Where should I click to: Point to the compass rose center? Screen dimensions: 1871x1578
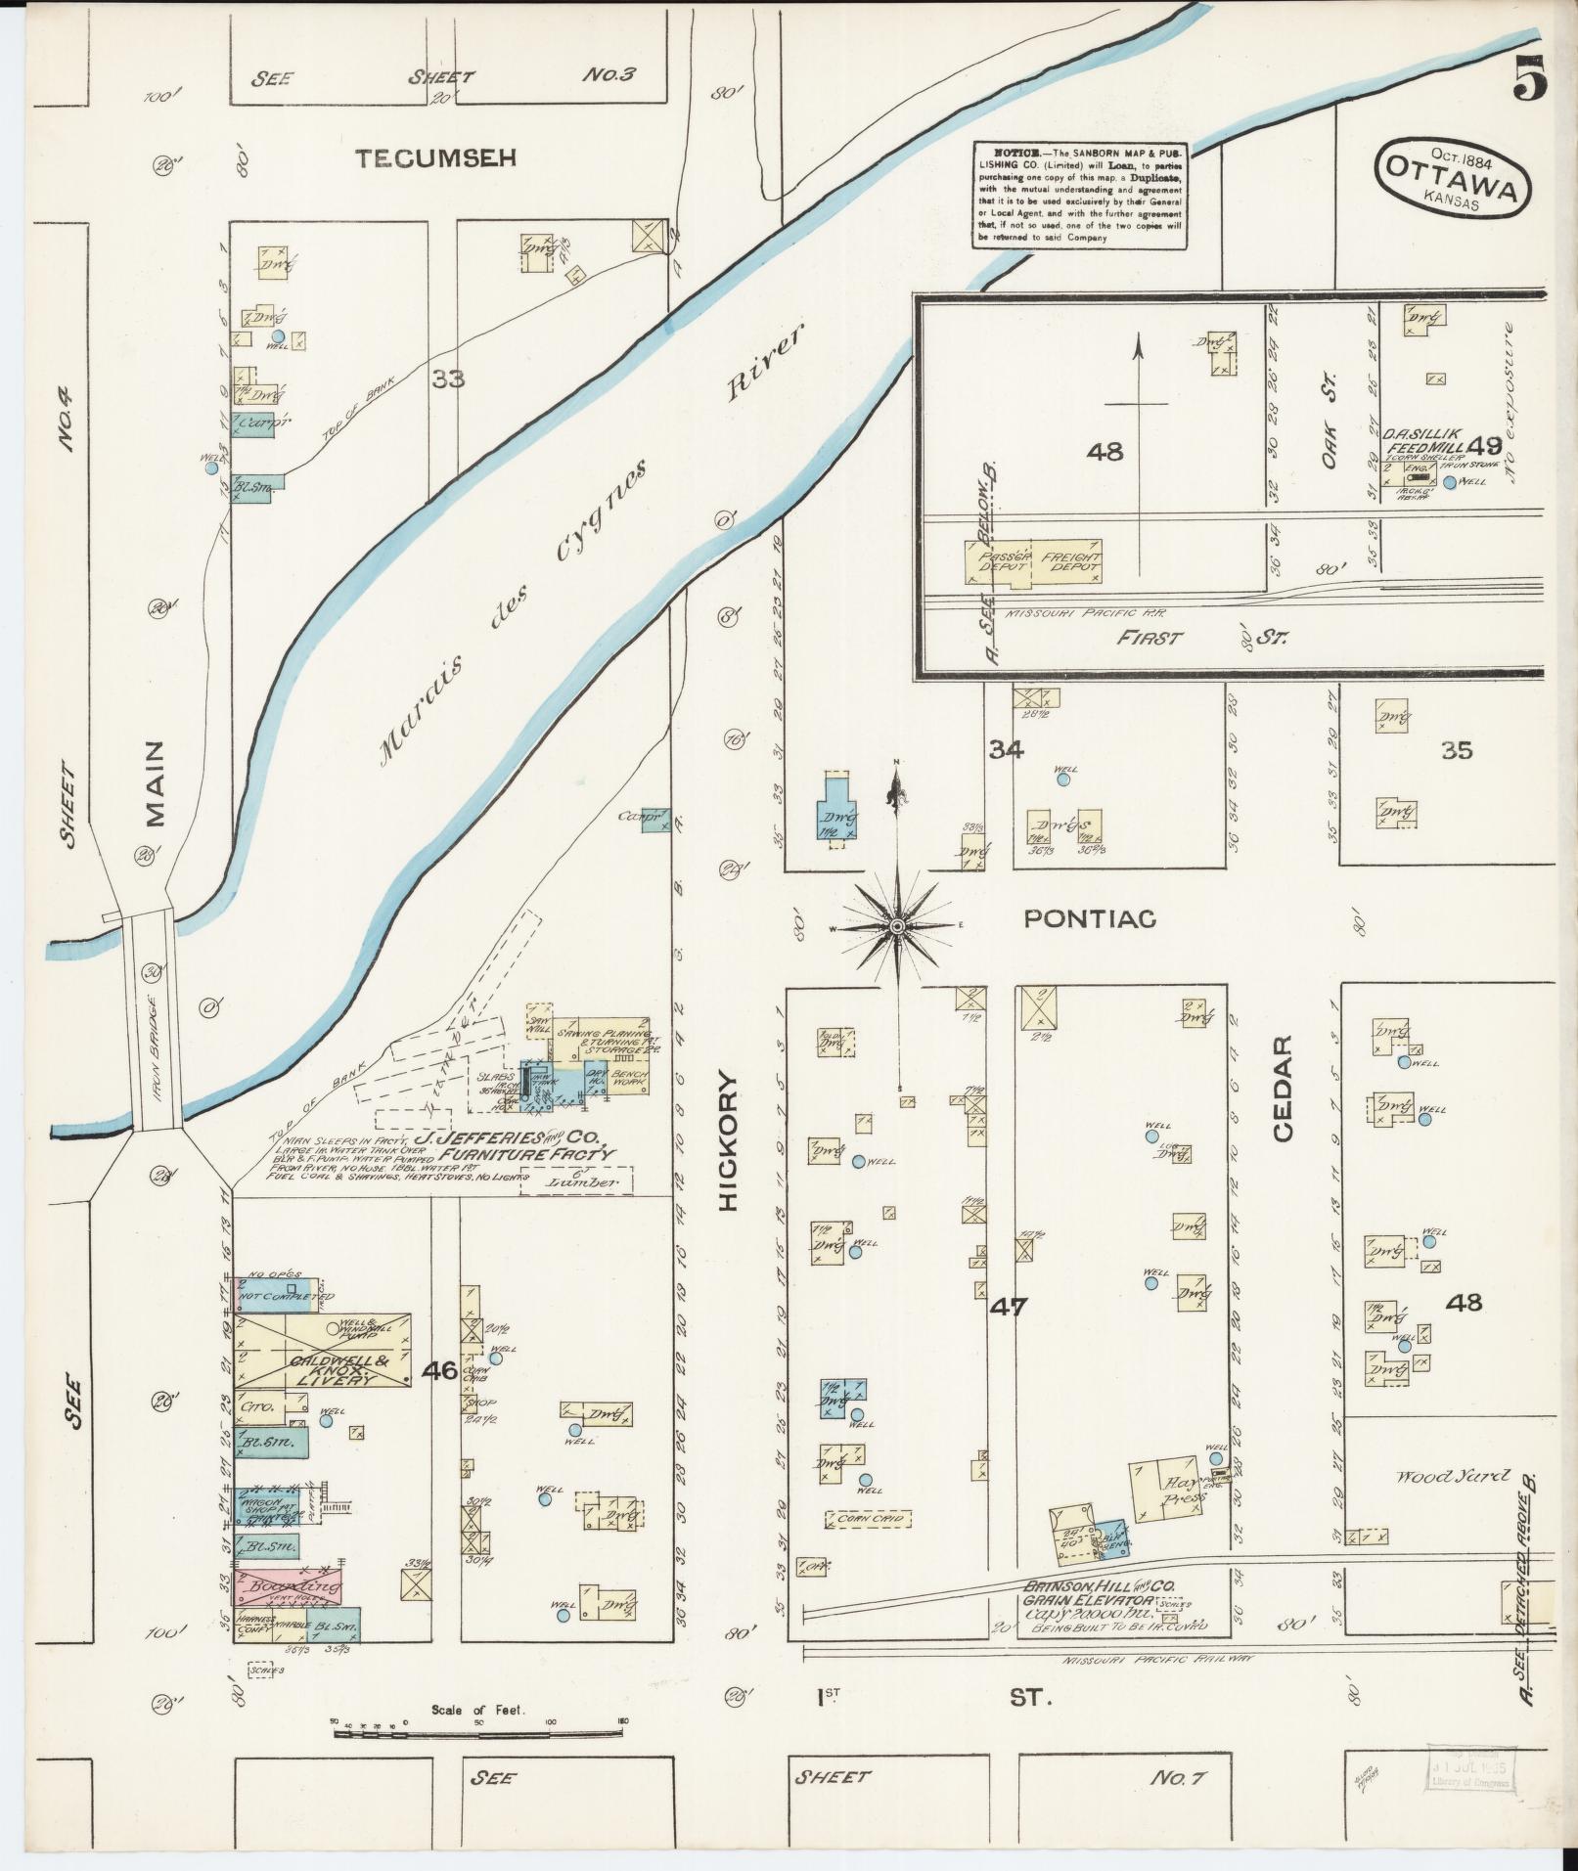tap(896, 926)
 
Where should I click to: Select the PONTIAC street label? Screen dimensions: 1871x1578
tap(1089, 918)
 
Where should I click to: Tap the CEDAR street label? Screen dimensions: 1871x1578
tap(1284, 1088)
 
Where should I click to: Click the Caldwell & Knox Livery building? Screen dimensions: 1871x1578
tap(323, 1351)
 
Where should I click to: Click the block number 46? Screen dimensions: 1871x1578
tap(439, 1370)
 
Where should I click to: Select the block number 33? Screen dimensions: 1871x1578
tap(448, 379)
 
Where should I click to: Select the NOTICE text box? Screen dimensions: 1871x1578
tap(1079, 195)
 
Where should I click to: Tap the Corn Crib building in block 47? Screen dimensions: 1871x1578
tap(869, 1546)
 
